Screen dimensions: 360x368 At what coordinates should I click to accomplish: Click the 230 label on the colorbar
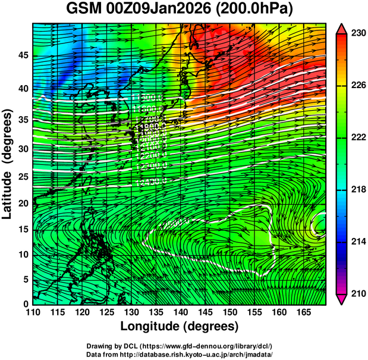pos(357,34)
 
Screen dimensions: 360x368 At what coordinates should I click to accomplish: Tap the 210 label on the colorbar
pos(357,293)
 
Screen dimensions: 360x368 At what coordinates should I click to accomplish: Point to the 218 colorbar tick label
pos(357,190)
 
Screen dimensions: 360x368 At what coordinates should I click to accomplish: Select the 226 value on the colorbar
pos(357,86)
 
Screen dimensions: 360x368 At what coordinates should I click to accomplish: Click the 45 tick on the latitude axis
pos(21,55)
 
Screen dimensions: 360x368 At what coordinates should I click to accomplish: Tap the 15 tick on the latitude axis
pos(21,229)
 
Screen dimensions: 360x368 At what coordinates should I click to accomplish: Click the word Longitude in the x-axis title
pos(154,327)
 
